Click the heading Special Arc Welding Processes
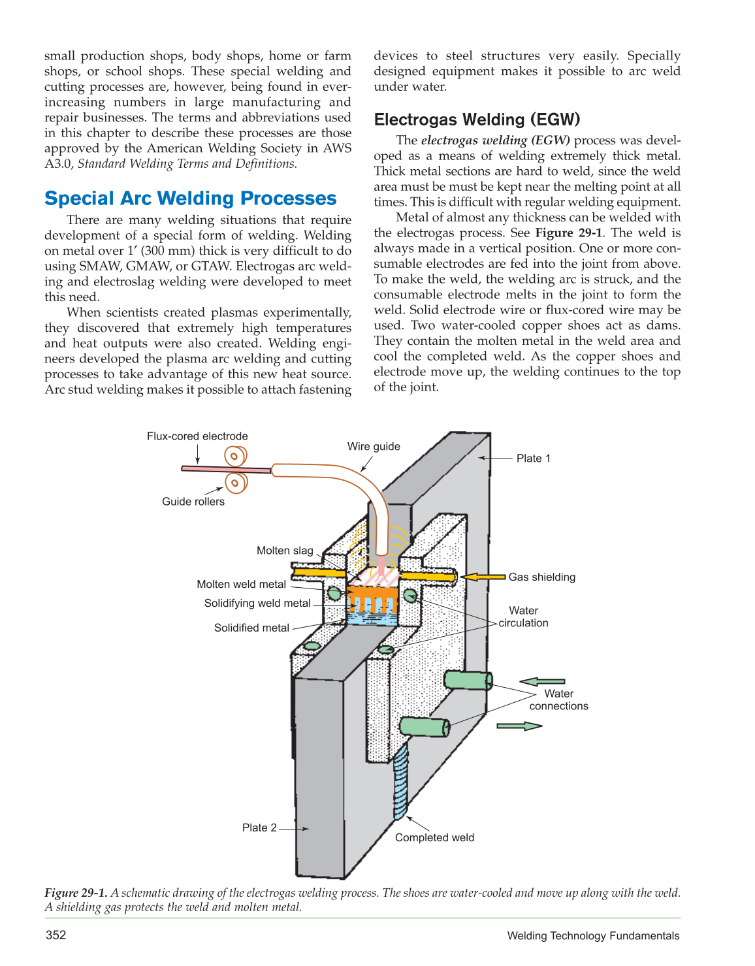point(190,199)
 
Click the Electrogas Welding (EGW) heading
point(477,120)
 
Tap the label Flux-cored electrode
point(197,436)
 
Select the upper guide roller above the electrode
point(235,456)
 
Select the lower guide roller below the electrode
point(236,483)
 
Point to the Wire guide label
point(374,447)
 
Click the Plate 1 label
point(533,459)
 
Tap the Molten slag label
point(285,551)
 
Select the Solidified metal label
point(251,628)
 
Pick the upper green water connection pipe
point(468,680)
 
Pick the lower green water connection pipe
point(425,727)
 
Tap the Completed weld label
point(434,838)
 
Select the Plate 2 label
point(259,828)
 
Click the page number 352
point(56,935)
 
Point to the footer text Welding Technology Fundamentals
point(593,936)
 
